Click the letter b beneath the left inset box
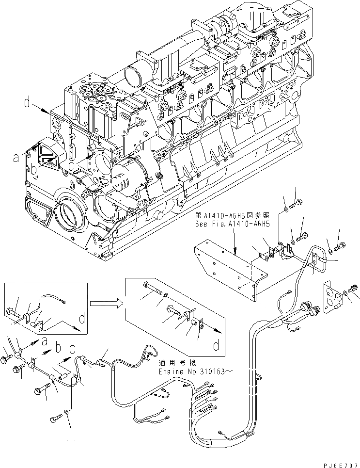59,348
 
